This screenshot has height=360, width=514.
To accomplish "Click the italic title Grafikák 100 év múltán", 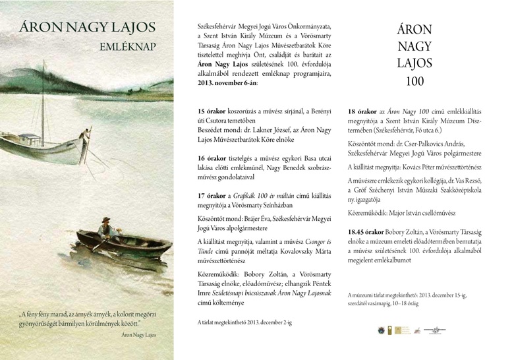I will (269, 195).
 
